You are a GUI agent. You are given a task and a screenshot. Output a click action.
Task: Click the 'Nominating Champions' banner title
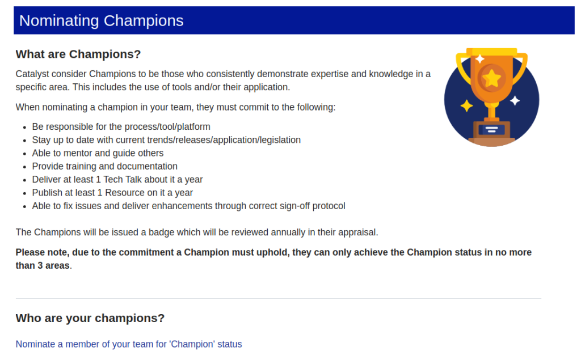coord(101,21)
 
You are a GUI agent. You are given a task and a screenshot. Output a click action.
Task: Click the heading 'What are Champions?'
coord(78,54)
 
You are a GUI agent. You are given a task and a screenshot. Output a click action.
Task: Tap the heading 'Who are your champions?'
coord(90,318)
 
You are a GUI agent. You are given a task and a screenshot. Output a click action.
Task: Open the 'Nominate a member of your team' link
coord(129,344)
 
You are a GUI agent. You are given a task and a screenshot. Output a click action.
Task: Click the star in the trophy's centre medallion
coord(492,78)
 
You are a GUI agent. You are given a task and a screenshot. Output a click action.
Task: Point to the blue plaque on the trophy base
coord(492,130)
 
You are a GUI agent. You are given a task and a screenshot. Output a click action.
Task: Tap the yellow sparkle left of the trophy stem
coord(466,106)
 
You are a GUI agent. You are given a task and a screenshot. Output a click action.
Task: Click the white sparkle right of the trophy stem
coord(515,100)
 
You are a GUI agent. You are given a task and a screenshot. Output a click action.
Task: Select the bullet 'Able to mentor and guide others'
coord(98,153)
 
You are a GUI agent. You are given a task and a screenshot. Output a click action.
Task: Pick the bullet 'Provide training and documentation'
coord(105,166)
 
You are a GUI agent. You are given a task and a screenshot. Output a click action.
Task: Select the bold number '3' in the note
coord(40,265)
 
